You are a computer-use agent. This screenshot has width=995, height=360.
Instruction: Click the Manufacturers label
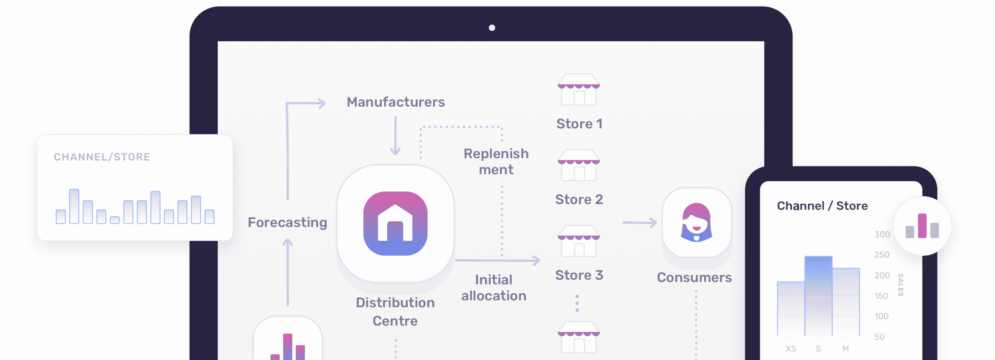pos(396,102)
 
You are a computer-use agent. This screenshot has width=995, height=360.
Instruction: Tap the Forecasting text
pos(287,222)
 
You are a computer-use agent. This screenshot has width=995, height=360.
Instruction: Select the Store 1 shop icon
pos(579,90)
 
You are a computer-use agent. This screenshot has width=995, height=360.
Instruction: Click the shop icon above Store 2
pos(579,165)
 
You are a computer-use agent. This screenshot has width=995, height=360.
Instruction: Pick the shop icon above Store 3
pos(579,241)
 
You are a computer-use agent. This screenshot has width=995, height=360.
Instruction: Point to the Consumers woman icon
pos(696,222)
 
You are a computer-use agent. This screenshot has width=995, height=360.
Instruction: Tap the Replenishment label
pos(496,161)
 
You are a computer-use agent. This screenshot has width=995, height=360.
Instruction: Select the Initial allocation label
pos(494,288)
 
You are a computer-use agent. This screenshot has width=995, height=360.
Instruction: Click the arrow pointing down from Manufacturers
pos(395,136)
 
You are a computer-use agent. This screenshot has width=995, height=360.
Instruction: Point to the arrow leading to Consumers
pos(639,222)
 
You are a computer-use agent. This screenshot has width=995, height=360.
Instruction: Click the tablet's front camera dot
pos(492,28)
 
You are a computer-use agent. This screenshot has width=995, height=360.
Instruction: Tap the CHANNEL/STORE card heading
pos(102,157)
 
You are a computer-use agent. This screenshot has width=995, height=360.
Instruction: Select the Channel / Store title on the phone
pos(822,206)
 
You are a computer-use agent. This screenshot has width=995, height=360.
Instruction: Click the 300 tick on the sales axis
pos(882,234)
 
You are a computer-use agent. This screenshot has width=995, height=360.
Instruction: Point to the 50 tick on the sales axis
pos(879,337)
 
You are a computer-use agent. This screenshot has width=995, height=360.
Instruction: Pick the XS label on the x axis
pos(791,349)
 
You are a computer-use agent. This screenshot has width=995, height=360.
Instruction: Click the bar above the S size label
pos(818,295)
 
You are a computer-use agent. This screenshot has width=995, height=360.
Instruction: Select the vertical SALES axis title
pos(900,285)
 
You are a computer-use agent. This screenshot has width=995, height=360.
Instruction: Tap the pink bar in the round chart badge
pos(922,226)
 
